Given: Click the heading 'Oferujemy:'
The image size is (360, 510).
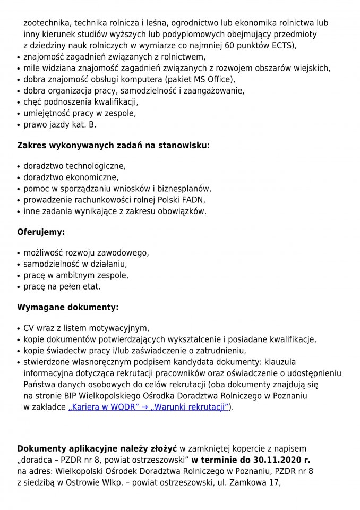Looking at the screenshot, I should [41, 232].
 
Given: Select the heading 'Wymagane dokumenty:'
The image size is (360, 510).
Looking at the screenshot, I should [67, 308].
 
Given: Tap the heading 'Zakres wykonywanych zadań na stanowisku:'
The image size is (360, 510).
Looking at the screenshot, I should [113, 144].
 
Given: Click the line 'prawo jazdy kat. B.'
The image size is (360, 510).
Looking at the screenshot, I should [59, 125].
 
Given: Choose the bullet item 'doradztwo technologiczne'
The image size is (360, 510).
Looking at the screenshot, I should [74, 166].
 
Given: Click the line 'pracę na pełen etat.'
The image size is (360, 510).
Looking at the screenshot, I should [62, 287].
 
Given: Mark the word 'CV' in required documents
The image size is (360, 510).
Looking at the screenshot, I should [29, 328].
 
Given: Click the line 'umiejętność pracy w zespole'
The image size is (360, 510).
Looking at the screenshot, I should [80, 113].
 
